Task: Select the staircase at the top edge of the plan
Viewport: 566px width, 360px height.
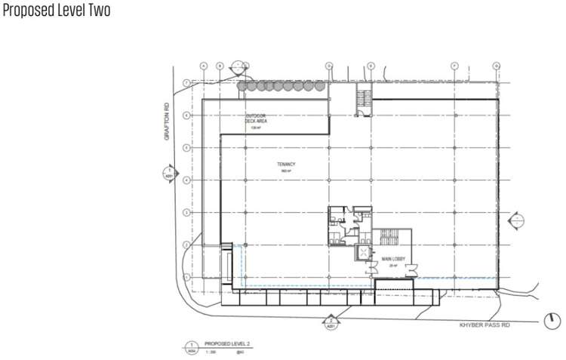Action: tap(363, 99)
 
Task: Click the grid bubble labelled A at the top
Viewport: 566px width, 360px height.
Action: tap(204, 66)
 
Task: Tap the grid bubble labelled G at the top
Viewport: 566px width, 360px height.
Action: tap(498, 66)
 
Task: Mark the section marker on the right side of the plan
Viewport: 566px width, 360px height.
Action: tap(517, 220)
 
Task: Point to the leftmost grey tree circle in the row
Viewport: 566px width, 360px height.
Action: tap(242, 87)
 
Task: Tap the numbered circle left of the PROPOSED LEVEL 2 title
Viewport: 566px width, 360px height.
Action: tap(189, 348)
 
